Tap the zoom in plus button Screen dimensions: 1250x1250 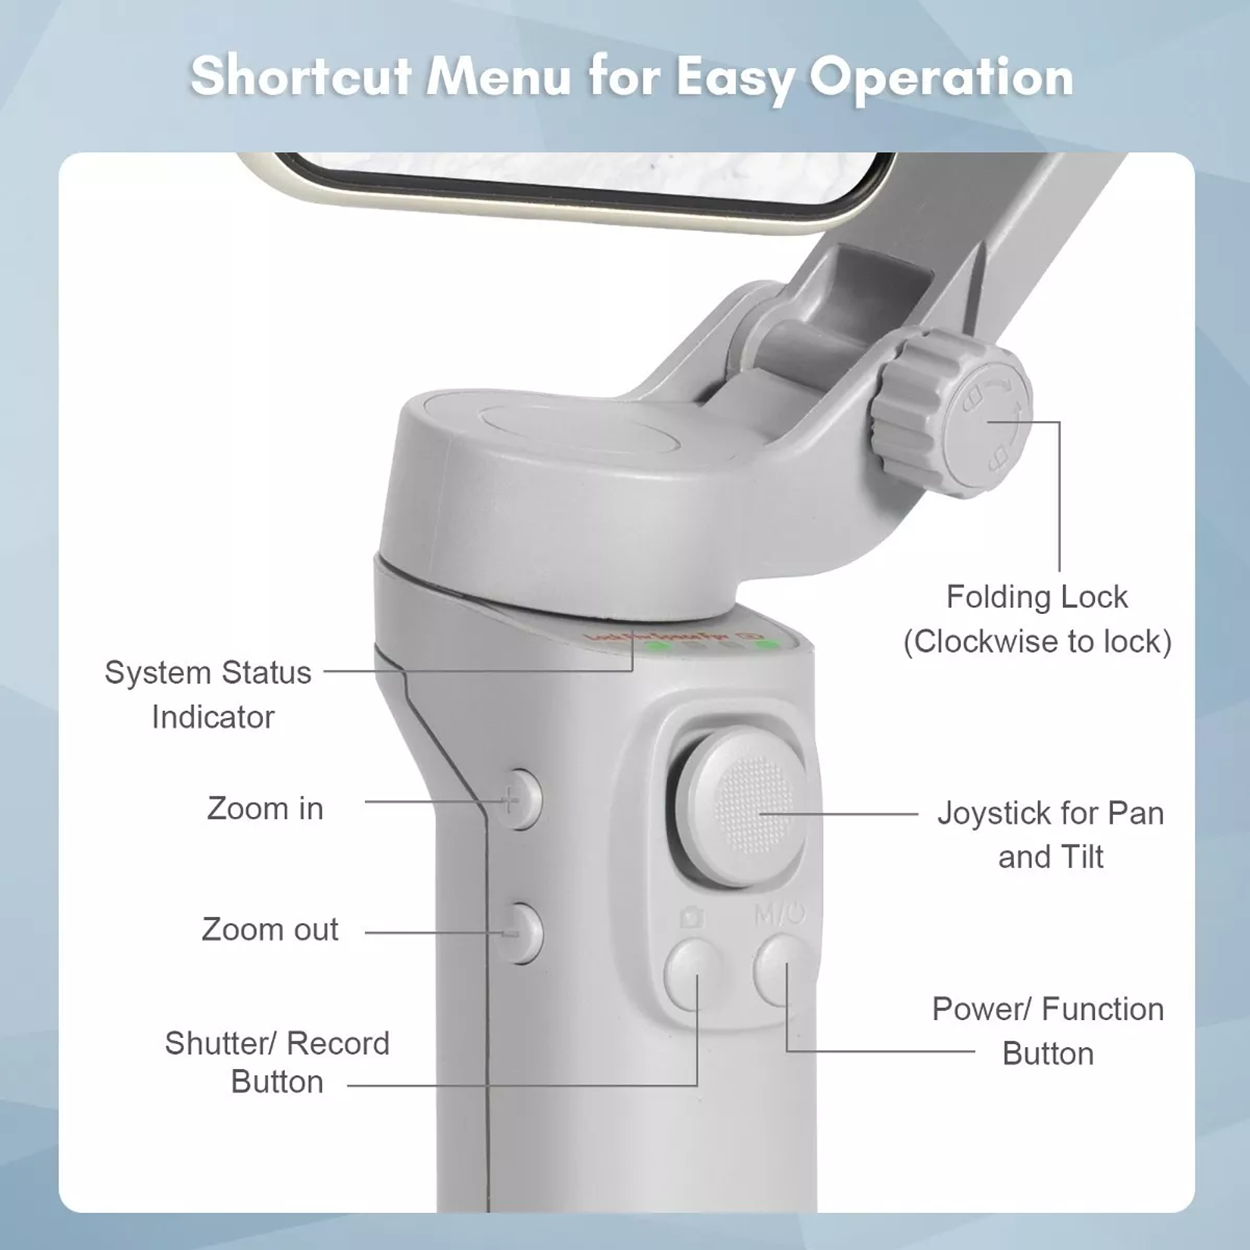520,800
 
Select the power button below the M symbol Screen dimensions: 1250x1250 782,969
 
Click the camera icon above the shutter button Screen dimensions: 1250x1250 692,918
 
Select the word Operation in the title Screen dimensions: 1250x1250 940,77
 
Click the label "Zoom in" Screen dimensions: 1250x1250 265,808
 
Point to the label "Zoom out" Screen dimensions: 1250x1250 270,929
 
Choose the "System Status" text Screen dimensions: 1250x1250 208,672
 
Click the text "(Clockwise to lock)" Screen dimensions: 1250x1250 1037,642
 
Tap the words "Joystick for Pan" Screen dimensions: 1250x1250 1050,813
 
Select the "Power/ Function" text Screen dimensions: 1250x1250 1048,1009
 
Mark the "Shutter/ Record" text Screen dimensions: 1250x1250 277,1044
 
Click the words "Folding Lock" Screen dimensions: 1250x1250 1037,597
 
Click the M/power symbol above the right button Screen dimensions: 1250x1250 779,915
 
